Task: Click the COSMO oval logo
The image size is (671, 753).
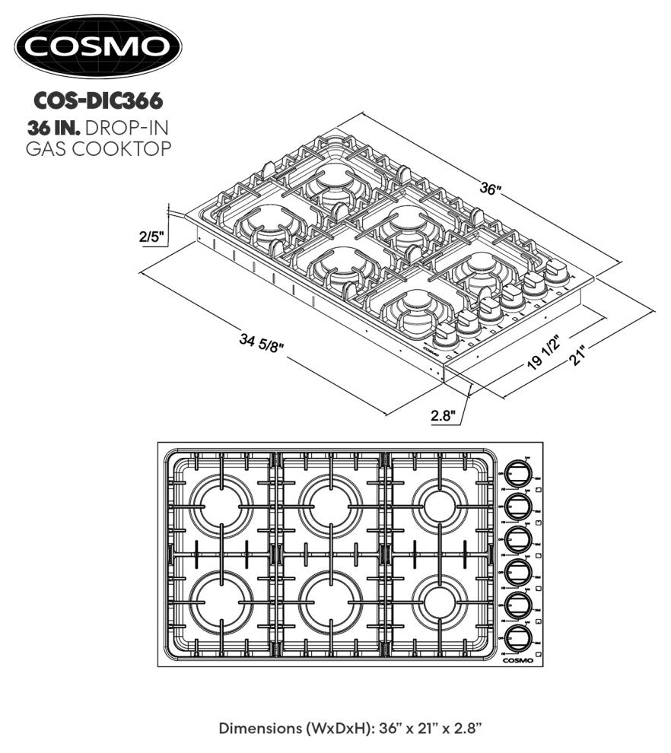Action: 99,46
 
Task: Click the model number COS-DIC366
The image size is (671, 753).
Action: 99,100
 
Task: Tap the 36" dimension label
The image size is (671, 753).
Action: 491,189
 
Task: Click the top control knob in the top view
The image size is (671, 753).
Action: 517,473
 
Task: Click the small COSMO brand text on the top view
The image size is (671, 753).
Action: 518,660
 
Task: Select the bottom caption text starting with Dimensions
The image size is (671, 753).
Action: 351,728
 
